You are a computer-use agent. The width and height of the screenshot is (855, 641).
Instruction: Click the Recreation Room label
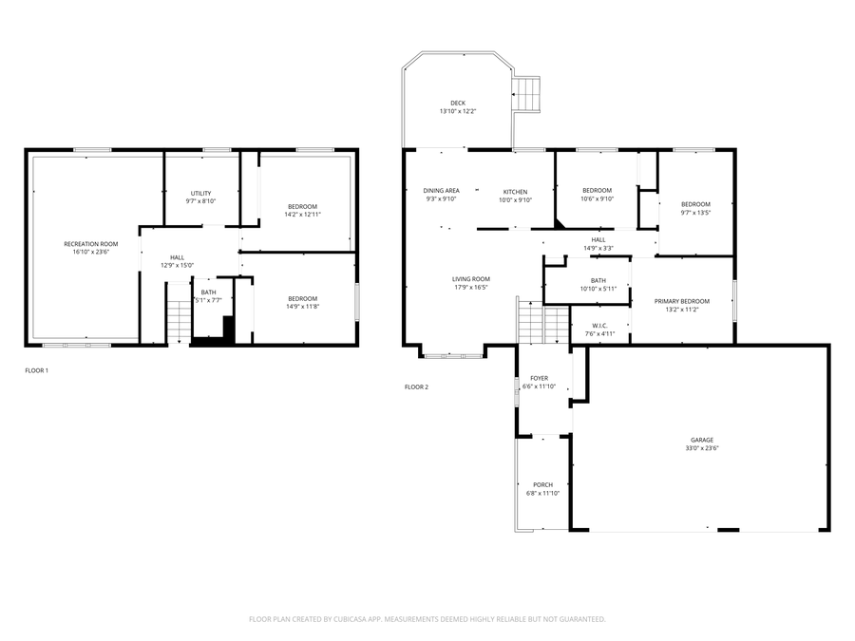pos(91,244)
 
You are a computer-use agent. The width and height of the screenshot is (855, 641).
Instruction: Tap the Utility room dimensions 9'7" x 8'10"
pos(200,201)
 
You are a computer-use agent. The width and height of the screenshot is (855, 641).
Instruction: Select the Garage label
pos(702,440)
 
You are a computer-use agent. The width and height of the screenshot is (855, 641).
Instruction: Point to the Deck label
pos(458,103)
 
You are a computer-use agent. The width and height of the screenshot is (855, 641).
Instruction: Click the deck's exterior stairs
pos(526,95)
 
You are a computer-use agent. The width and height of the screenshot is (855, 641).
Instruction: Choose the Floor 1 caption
pos(36,370)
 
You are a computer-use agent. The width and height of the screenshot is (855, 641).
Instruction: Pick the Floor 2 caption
pos(417,387)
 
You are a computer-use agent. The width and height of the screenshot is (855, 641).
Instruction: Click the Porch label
pos(543,484)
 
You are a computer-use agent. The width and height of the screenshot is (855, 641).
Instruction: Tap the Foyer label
pos(540,378)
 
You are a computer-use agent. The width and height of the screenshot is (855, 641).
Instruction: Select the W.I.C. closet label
pos(599,326)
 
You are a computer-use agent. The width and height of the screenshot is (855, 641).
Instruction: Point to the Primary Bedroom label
pos(682,301)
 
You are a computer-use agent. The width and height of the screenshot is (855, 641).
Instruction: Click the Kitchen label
pos(515,192)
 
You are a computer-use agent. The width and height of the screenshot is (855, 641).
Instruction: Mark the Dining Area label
pos(441,191)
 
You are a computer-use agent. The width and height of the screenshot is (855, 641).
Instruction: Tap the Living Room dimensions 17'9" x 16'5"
pos(471,287)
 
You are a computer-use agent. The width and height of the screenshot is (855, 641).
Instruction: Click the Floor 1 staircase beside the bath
pos(179,313)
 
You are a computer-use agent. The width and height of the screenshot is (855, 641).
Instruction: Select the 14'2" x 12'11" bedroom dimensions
pos(303,215)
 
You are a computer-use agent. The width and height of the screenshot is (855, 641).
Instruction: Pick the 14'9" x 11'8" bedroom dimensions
pos(303,307)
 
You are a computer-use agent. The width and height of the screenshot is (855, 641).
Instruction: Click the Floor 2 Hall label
pos(598,240)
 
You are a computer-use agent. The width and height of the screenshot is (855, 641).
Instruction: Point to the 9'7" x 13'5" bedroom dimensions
pos(695,213)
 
